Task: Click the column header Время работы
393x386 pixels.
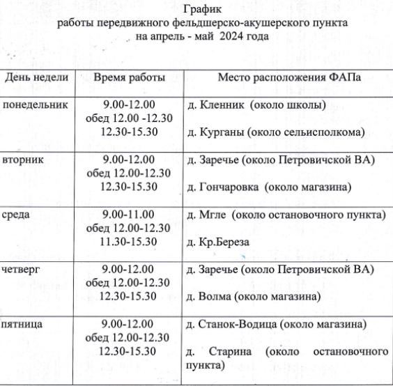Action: (129, 77)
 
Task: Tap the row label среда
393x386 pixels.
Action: (18, 215)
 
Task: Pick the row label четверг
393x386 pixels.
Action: (22, 269)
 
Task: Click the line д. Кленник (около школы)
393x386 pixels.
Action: (256, 106)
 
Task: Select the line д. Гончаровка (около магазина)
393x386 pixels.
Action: (268, 187)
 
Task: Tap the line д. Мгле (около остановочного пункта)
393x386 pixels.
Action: (286, 215)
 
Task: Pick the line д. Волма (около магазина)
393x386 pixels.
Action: (254, 297)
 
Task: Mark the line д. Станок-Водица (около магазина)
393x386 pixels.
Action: (277, 324)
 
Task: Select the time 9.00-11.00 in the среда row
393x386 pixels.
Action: (128, 215)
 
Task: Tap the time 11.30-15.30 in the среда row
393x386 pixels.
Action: (128, 241)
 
